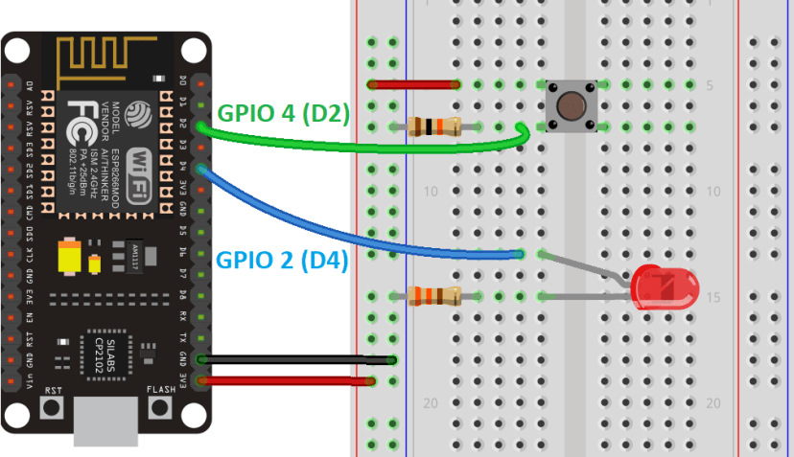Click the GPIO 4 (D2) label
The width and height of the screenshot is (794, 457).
click(283, 112)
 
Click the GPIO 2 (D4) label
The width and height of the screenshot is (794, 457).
click(281, 259)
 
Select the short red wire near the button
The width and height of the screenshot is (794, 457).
click(413, 84)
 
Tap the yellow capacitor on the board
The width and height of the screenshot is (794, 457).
click(70, 257)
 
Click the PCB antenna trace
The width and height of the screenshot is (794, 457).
click(105, 59)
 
